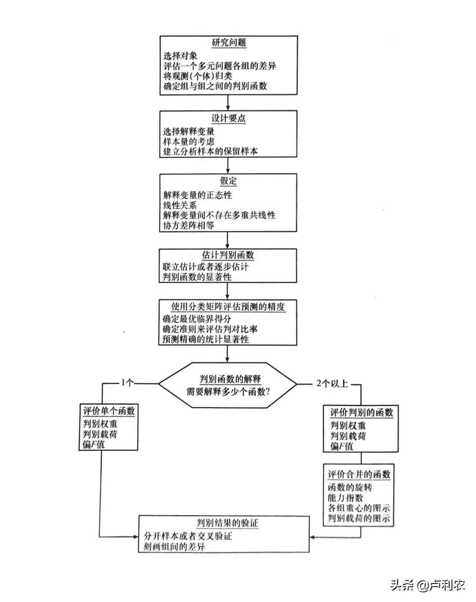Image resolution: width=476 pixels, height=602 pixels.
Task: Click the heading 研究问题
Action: click(x=228, y=43)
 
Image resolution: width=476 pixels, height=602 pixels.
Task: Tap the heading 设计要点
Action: click(x=228, y=118)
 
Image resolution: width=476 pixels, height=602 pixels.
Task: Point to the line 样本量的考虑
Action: click(x=189, y=141)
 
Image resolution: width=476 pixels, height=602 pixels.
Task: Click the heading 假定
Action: click(x=228, y=181)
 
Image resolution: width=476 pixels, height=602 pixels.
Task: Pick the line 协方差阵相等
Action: click(x=189, y=225)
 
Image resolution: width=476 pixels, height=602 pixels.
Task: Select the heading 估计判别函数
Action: click(x=228, y=255)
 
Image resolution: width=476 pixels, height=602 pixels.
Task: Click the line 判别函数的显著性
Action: click(x=197, y=277)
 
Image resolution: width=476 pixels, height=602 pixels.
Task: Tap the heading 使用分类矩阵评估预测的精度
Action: click(x=228, y=307)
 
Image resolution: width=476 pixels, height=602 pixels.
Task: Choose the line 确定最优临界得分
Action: click(x=197, y=319)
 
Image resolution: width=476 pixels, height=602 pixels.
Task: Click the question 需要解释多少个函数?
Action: click(x=228, y=391)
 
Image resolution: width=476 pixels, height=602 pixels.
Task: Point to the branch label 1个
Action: click(x=127, y=383)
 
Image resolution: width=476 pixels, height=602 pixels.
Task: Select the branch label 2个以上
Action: click(x=332, y=384)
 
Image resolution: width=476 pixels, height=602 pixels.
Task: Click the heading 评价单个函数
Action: click(x=108, y=411)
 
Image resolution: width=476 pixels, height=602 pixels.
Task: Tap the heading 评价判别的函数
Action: click(x=361, y=413)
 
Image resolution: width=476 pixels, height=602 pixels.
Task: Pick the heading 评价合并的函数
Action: click(x=359, y=475)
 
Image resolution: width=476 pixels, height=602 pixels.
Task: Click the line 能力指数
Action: click(x=346, y=498)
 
